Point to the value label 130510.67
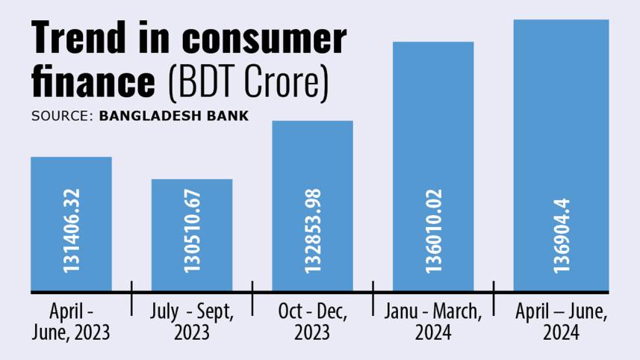tap(193, 235)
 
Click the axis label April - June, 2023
tap(71, 321)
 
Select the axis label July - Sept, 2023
tap(192, 321)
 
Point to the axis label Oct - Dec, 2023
tap(312, 321)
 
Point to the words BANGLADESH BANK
tap(174, 117)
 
